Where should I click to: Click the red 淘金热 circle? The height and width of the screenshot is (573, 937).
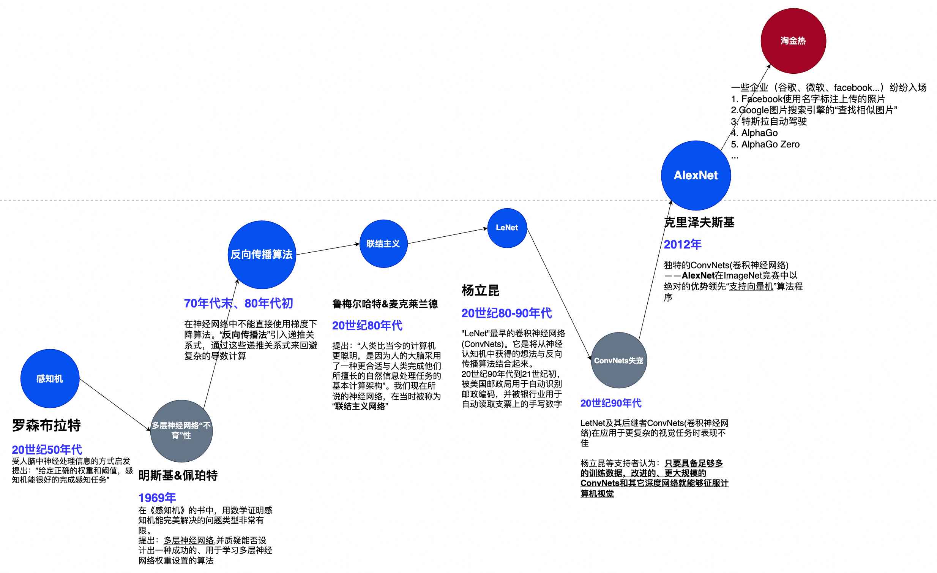click(793, 41)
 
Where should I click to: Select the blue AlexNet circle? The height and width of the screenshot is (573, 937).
click(696, 176)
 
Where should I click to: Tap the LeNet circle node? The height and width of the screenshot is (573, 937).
click(507, 228)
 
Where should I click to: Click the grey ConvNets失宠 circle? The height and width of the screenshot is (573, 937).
click(619, 360)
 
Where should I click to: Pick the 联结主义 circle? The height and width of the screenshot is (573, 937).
click(383, 244)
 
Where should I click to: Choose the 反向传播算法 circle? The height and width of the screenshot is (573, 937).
click(262, 255)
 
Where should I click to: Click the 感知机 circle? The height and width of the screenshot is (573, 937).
click(50, 378)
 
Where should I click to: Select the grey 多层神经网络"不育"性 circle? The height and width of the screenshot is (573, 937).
click(181, 431)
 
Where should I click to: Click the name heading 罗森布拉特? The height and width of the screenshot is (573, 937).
click(46, 425)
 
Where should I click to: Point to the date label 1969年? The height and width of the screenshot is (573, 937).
click(157, 498)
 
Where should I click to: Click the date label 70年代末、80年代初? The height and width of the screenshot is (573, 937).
click(238, 303)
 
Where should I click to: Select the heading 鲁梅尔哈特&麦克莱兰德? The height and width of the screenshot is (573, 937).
click(385, 304)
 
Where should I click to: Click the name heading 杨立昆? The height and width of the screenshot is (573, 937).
click(480, 291)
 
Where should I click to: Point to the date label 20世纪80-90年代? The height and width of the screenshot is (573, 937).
click(506, 313)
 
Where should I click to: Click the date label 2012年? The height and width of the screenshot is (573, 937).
click(682, 244)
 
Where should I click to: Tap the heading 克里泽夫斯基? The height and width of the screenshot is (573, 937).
click(699, 223)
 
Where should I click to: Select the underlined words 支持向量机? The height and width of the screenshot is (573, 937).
click(751, 286)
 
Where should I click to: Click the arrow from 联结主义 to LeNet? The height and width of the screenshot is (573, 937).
click(447, 236)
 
